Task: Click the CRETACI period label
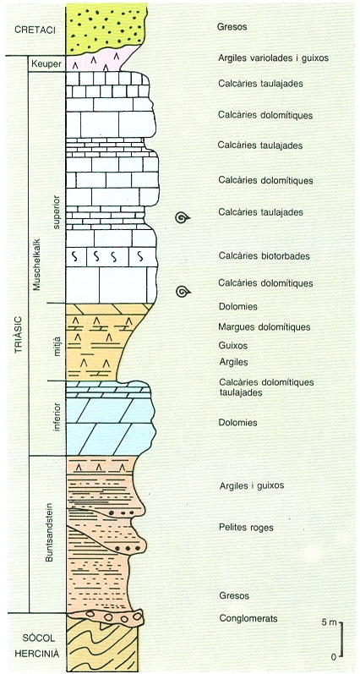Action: click(32, 30)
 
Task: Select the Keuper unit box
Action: click(46, 63)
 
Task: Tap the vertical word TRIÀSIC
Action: click(18, 336)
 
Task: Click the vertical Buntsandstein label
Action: click(48, 532)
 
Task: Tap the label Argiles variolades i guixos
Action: click(273, 58)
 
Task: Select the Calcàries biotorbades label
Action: click(264, 256)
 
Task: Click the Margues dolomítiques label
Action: click(264, 327)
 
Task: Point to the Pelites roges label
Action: click(246, 528)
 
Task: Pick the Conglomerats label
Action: click(248, 618)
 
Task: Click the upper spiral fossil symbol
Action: click(183, 218)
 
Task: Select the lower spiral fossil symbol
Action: click(183, 293)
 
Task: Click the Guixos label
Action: click(233, 346)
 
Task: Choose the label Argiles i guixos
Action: click(251, 485)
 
